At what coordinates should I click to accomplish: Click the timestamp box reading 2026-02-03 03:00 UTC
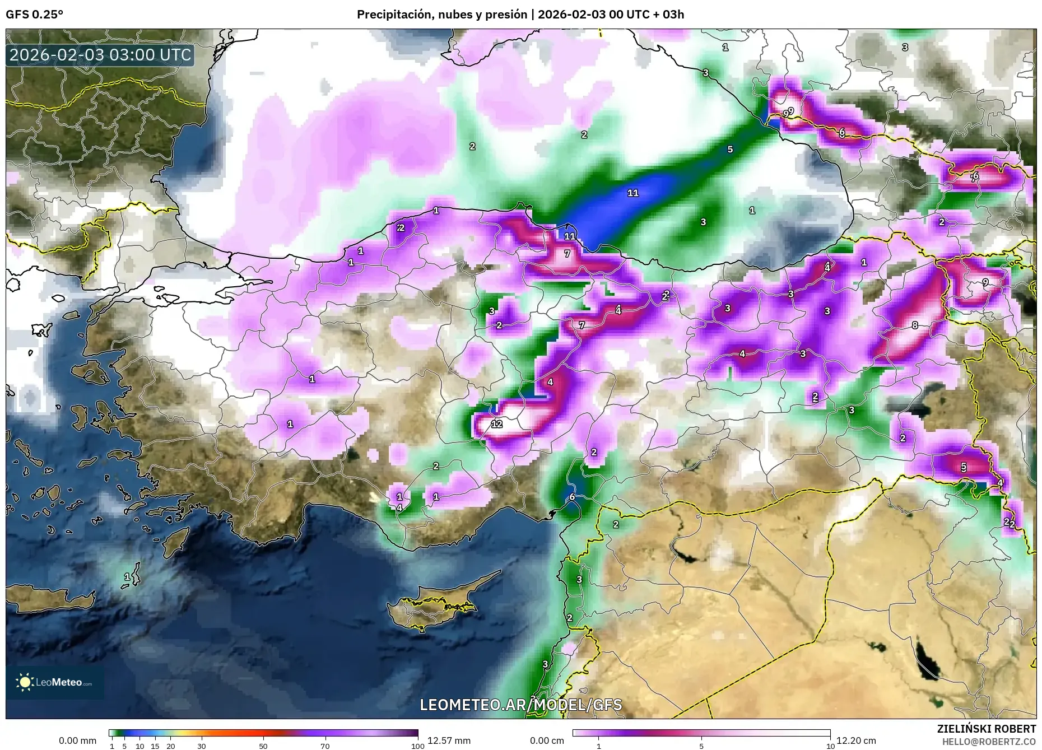100,55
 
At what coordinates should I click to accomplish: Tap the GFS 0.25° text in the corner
34,15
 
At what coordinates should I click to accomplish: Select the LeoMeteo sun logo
25,682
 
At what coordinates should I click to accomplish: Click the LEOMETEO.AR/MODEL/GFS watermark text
520,705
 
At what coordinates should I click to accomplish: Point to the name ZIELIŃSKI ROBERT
986,729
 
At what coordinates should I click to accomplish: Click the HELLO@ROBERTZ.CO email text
988,741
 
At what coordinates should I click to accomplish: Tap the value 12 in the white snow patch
497,424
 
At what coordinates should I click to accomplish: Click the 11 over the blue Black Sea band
632,193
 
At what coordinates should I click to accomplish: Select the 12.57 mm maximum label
449,740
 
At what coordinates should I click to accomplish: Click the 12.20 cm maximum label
856,740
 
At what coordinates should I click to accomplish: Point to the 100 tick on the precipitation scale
417,746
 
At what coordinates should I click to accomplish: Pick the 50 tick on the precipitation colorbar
263,746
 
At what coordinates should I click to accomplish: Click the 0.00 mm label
77,740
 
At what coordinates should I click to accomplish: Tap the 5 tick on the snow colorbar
701,746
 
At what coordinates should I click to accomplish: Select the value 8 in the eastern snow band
914,325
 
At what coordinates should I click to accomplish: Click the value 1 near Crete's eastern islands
127,576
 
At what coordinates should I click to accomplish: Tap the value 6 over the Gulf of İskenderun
572,497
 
